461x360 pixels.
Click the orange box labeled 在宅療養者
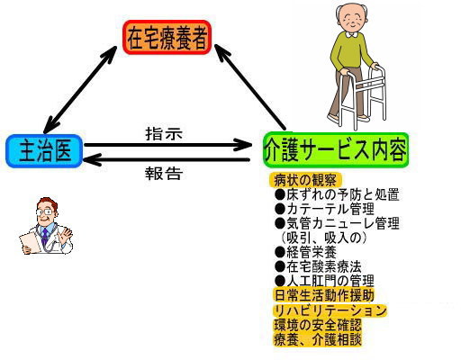point(167,38)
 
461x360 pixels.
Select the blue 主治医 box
point(44,151)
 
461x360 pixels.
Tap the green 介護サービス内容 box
point(336,149)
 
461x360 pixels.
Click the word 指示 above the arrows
point(164,133)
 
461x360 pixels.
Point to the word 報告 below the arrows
point(164,173)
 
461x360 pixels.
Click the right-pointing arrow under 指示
point(168,145)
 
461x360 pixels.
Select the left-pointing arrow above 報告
point(167,159)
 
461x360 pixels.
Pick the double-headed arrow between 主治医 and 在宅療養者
point(80,90)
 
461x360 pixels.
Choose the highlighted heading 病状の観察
point(305,180)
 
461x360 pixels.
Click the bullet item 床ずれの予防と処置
point(337,194)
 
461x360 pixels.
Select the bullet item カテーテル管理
point(324,209)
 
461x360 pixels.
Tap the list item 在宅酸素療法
point(318,266)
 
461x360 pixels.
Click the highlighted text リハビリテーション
point(330,310)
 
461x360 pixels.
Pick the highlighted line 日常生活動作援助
point(324,295)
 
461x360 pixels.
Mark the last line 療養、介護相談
point(318,339)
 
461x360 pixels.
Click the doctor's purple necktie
point(44,236)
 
